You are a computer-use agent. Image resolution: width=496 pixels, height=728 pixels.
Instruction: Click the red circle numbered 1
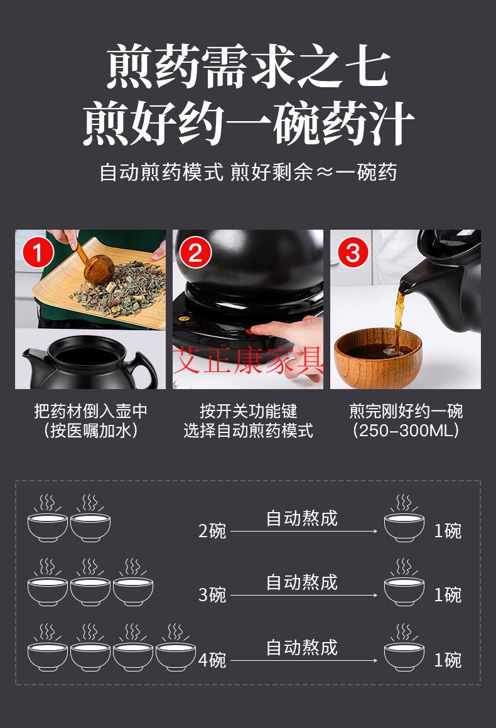[x=38, y=254]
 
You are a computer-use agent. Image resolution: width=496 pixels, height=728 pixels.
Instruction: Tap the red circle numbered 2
[x=195, y=254]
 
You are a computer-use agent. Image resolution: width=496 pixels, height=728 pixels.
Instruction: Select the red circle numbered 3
[x=353, y=254]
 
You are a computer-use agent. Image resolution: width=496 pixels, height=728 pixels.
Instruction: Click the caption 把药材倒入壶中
[x=91, y=412]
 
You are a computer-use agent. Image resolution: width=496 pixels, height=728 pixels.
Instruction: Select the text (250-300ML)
[x=406, y=431]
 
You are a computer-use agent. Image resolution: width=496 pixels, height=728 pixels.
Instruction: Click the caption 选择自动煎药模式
[x=248, y=431]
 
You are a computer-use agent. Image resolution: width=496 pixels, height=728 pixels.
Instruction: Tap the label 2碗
[x=212, y=531]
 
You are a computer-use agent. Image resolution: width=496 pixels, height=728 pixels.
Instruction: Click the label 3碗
[x=212, y=594]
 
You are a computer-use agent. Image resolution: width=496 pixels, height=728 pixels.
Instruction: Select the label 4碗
[x=212, y=660]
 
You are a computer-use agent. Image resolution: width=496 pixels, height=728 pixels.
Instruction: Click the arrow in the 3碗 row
[x=303, y=595]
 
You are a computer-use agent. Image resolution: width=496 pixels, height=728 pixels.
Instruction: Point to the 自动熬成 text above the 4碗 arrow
[x=302, y=646]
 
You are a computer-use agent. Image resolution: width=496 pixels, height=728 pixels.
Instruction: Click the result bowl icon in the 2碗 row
[x=404, y=521]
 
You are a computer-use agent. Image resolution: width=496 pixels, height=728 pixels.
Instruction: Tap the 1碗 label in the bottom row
[x=448, y=660]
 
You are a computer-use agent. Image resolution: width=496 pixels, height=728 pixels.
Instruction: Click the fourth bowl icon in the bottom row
[x=176, y=650]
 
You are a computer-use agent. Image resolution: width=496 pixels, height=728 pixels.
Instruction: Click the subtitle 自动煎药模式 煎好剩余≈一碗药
[x=248, y=172]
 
